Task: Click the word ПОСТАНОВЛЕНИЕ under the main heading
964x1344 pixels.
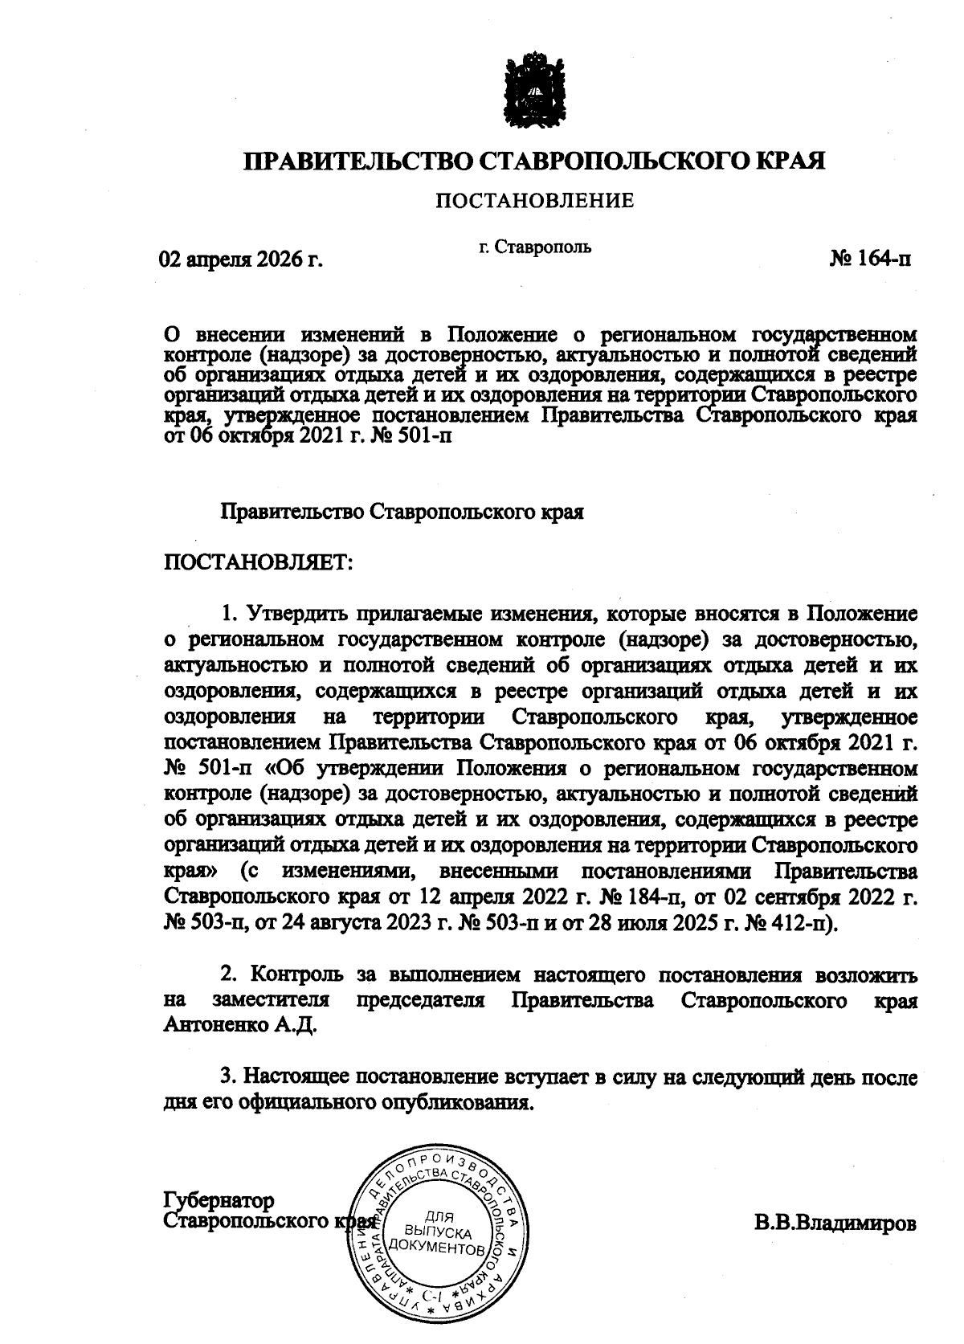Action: point(534,200)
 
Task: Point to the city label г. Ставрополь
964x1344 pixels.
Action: point(535,247)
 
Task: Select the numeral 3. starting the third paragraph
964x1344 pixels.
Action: point(228,1076)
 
